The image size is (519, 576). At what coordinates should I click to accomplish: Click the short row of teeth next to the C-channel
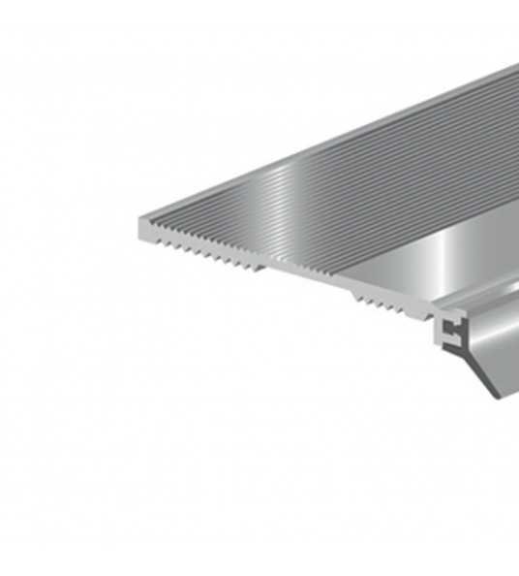[x=383, y=304]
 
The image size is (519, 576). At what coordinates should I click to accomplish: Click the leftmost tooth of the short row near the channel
[x=355, y=297]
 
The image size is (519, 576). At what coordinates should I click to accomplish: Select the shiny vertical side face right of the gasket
[x=504, y=339]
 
